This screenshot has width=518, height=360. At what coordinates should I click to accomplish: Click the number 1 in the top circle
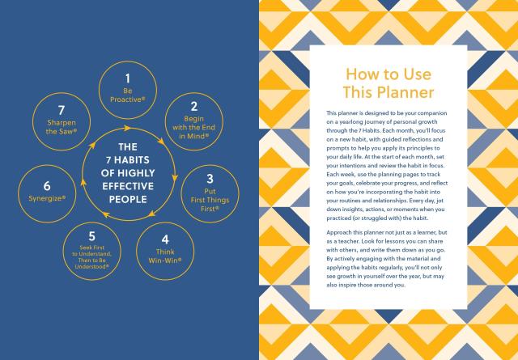point(128,78)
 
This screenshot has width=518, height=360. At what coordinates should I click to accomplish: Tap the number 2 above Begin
point(194,106)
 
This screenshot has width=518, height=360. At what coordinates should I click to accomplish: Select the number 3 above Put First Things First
point(210,179)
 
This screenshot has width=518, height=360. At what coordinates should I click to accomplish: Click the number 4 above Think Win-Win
point(165,239)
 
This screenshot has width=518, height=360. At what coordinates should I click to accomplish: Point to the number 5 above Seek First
point(91,236)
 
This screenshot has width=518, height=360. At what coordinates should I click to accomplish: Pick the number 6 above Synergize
point(47,186)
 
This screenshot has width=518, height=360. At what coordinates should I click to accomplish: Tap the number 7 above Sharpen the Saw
point(62,110)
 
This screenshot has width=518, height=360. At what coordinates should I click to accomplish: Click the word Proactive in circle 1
point(126,100)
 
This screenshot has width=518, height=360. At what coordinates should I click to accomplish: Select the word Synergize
point(45,198)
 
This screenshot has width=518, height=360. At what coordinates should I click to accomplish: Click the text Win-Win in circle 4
point(163,260)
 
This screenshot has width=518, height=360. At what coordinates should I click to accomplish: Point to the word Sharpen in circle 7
point(62,123)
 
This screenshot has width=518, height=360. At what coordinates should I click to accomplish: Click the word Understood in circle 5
point(90,266)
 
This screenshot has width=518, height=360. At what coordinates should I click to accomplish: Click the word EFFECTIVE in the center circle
point(128,186)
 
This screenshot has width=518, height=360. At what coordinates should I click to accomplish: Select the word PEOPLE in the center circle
point(128,200)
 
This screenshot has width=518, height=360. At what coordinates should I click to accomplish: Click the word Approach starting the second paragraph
point(338,233)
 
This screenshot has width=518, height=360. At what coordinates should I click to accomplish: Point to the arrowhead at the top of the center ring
point(127,128)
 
